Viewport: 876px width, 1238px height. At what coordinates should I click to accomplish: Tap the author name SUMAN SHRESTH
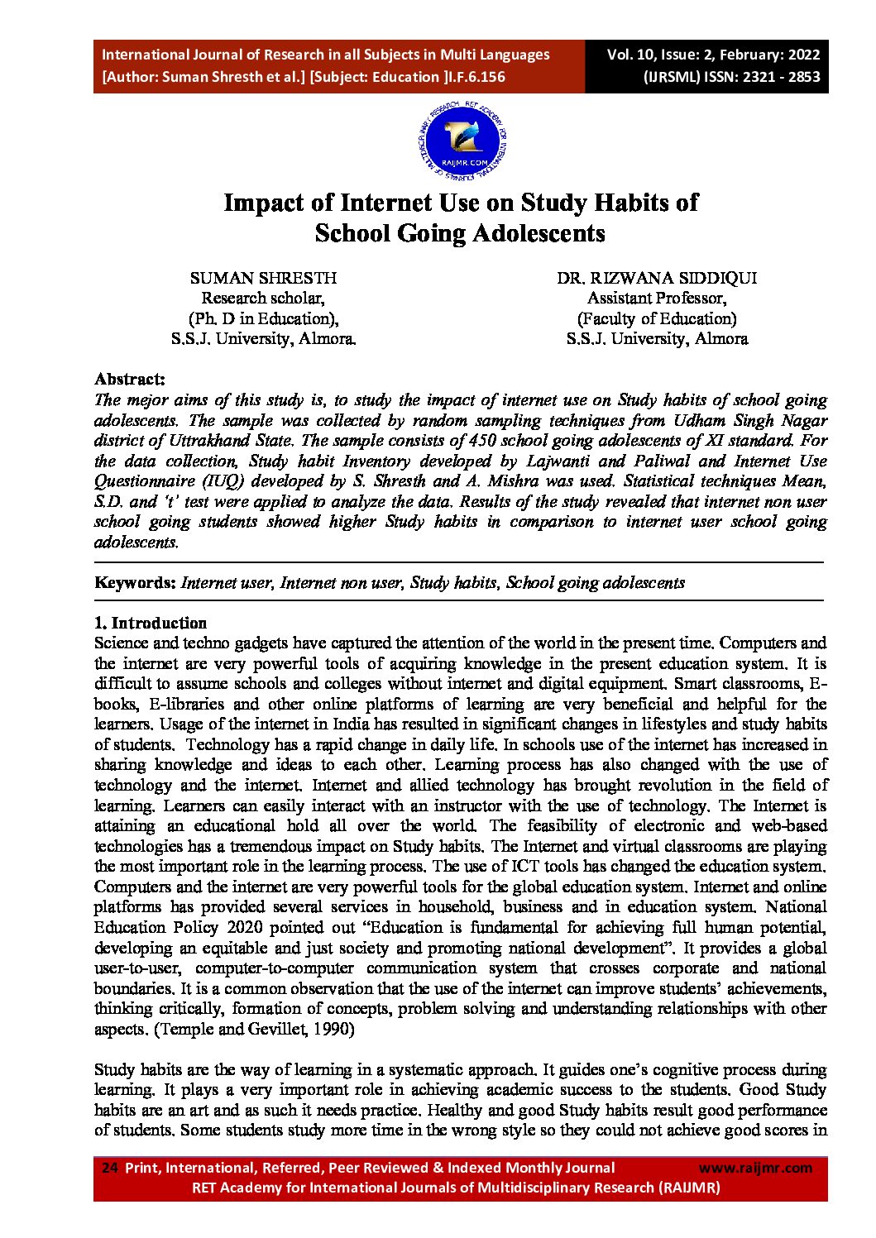(263, 278)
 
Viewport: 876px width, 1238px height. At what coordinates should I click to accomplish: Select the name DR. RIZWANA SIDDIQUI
(656, 278)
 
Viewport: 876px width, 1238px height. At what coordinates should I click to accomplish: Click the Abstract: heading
(130, 380)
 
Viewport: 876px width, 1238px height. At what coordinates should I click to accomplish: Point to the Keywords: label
(135, 582)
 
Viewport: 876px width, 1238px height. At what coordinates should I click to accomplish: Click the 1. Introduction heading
(151, 623)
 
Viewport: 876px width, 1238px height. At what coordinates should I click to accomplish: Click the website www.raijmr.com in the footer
(755, 1168)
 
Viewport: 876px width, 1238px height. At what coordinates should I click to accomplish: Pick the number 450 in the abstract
(481, 441)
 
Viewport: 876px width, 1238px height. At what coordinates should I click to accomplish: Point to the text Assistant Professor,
(657, 299)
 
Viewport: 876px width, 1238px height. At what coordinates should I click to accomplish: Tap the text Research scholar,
(263, 299)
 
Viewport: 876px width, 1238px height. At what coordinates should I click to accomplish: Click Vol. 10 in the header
(630, 55)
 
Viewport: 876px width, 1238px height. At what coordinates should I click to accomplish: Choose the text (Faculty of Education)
(657, 318)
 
